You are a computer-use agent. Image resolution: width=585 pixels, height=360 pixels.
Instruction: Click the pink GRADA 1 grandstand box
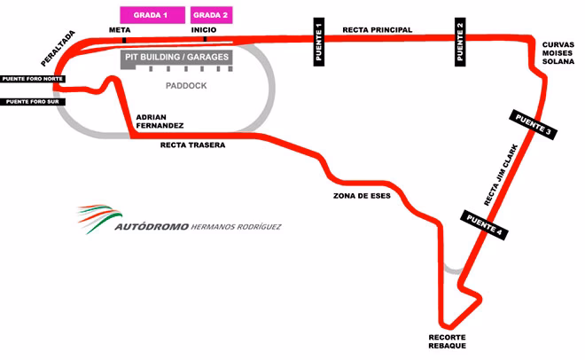coord(152,15)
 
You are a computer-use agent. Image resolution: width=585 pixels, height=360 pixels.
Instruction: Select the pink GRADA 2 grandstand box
coord(211,15)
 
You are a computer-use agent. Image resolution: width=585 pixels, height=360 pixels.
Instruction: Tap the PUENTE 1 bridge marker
coord(319,42)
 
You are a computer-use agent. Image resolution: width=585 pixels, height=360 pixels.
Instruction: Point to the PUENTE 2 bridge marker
coord(460,42)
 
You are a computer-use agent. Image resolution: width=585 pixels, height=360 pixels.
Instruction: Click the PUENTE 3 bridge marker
coord(533,125)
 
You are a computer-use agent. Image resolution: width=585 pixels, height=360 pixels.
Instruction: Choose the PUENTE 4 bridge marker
coord(484,224)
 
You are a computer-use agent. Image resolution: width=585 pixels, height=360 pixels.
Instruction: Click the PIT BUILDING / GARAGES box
coord(177,58)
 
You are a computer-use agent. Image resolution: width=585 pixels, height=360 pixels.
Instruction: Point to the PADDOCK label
coord(185,86)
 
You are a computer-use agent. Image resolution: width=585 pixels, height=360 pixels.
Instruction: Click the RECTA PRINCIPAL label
coord(377,29)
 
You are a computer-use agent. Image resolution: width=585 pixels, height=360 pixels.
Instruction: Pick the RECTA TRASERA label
coord(192,145)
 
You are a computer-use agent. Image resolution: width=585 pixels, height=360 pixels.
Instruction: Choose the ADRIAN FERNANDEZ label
coord(159,121)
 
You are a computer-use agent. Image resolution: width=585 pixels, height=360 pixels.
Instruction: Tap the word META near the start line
coord(120,29)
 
